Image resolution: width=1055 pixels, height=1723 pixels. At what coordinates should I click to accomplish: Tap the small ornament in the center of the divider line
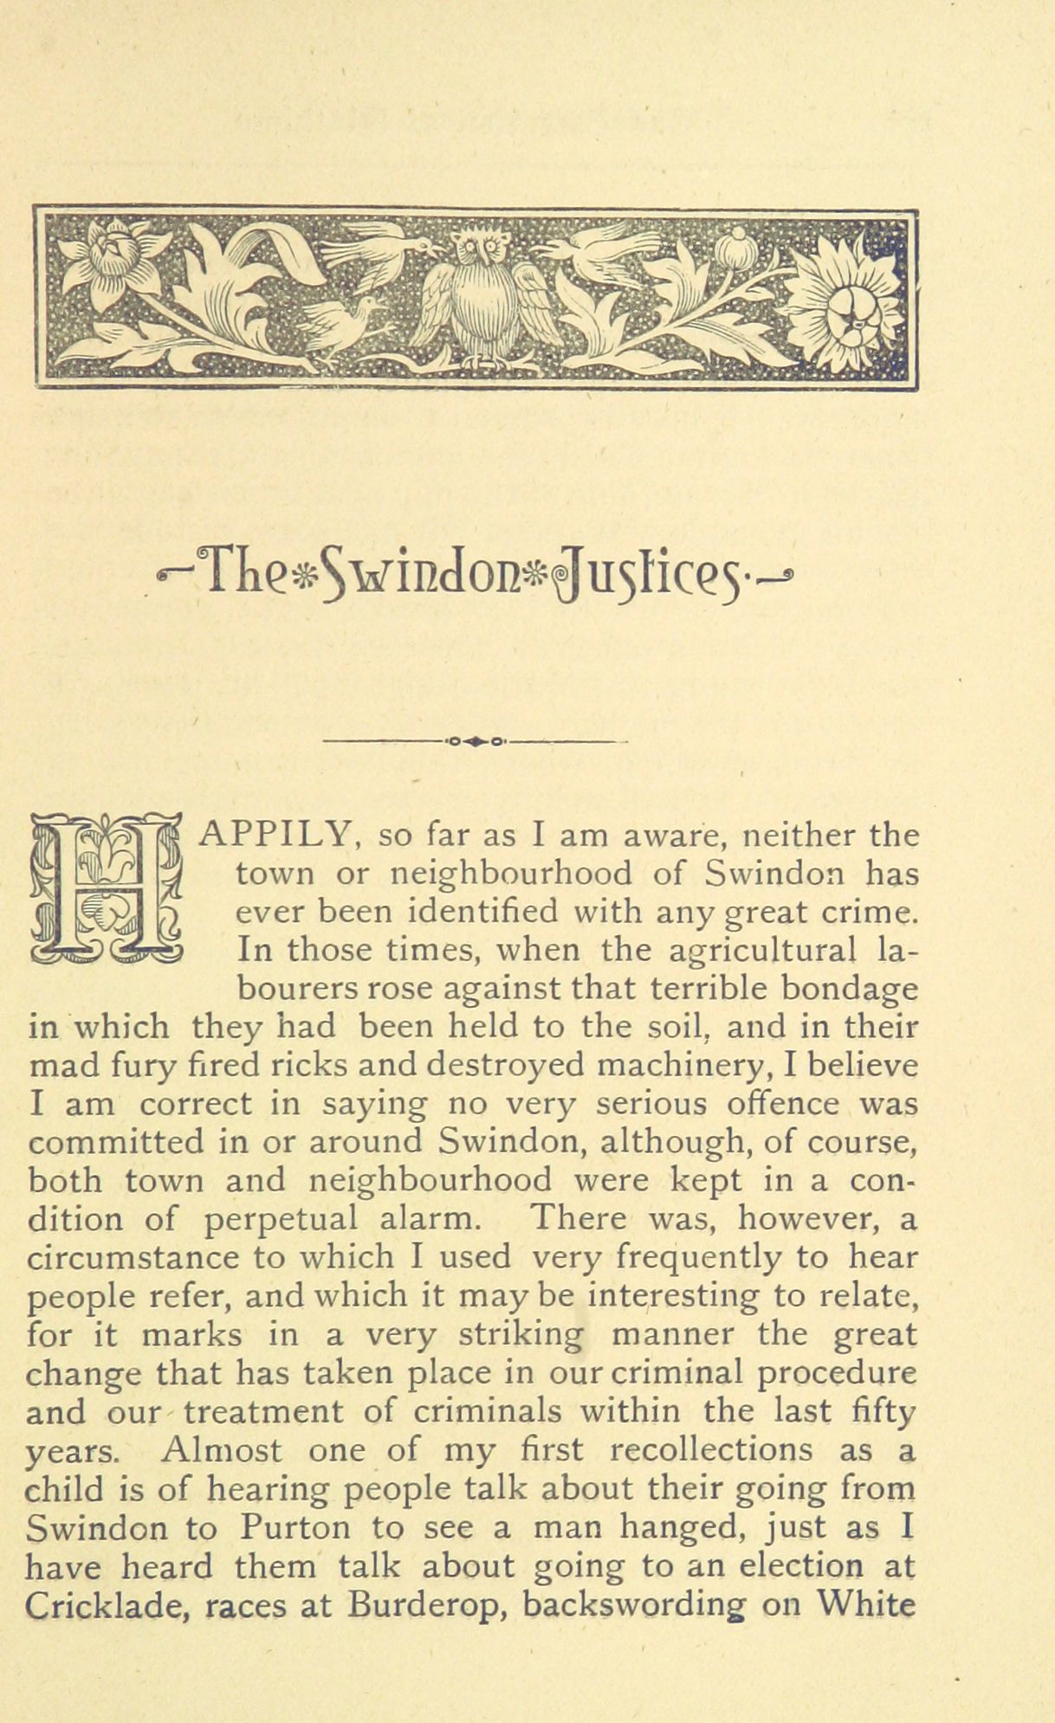click(x=475, y=741)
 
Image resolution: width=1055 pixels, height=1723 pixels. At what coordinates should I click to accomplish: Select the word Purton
click(x=296, y=1527)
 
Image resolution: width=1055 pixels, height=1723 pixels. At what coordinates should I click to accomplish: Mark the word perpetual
click(x=282, y=1220)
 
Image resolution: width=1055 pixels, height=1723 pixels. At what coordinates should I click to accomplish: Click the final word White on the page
click(x=867, y=1604)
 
